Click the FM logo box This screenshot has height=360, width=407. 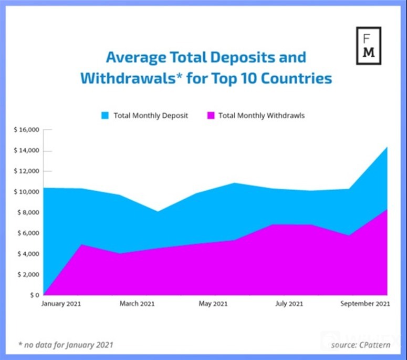[x=368, y=46]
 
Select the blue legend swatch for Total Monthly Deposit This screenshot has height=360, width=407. [x=105, y=115]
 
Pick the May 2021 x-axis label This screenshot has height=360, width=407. [x=214, y=304]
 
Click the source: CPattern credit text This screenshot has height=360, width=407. [x=360, y=345]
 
